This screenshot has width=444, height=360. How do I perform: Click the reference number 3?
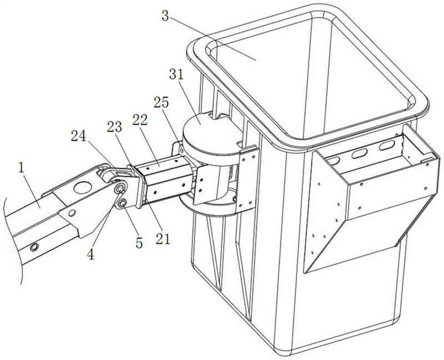click(x=165, y=16)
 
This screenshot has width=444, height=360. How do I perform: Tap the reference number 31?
click(x=176, y=74)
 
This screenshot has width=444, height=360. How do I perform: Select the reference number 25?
click(x=161, y=102)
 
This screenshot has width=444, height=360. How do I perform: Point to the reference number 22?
click(x=140, y=120)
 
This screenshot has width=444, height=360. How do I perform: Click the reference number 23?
click(x=114, y=127)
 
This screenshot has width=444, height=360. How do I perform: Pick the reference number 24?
click(x=78, y=136)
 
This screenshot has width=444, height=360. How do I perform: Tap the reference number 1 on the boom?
click(x=21, y=168)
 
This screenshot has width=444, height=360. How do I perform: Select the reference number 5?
click(x=139, y=243)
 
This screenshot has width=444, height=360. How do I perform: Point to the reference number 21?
click(x=163, y=239)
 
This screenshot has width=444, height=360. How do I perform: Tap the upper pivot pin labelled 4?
click(x=119, y=188)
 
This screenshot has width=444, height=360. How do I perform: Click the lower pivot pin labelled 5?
click(x=123, y=203)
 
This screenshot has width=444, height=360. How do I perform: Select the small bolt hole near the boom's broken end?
click(x=34, y=247)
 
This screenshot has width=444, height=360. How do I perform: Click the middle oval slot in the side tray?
click(x=357, y=154)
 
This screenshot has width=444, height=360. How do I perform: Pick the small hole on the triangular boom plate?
click(x=72, y=212)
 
